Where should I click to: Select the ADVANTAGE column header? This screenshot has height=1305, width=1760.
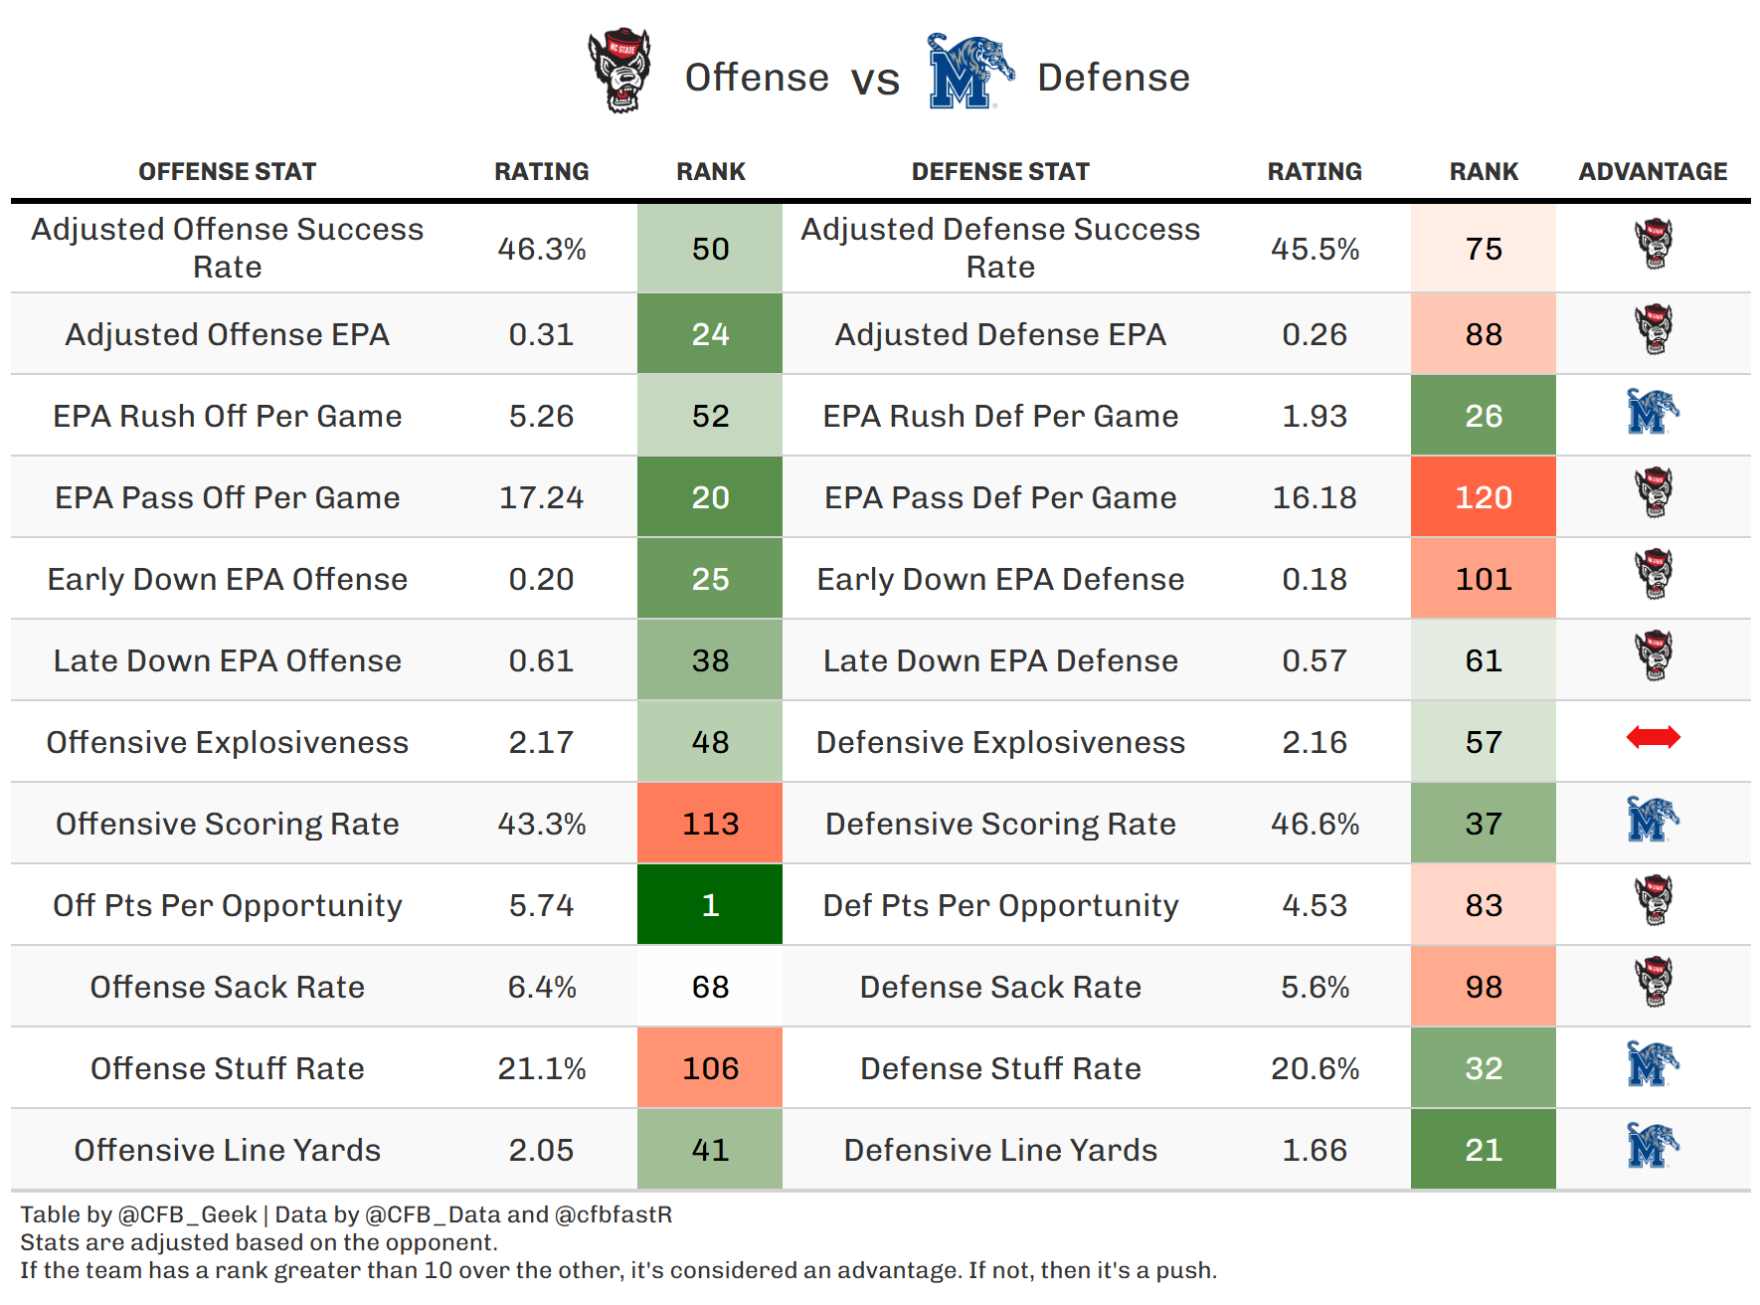point(1653,172)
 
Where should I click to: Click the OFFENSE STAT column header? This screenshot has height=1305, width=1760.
point(227,172)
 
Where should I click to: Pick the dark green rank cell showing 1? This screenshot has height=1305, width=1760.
point(710,905)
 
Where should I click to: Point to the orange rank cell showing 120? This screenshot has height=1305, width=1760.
point(1484,497)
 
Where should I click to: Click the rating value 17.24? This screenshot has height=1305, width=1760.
point(541,497)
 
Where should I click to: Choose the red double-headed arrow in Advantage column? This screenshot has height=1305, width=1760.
point(1653,738)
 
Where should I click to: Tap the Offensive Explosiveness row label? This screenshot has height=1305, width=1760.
point(227,743)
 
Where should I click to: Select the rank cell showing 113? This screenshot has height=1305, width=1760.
point(710,824)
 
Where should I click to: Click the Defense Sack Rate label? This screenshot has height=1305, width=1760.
point(1000,987)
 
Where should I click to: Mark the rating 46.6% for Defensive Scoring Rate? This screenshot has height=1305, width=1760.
point(1315,824)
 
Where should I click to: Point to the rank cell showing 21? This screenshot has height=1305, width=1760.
point(1484,1150)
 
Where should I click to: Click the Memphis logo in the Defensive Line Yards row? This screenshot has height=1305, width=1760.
point(1652,1146)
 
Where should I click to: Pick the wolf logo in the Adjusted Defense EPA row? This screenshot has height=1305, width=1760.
point(1654,329)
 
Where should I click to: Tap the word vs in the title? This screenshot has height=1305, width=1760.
point(875,80)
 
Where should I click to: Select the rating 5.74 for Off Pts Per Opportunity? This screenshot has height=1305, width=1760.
point(541,905)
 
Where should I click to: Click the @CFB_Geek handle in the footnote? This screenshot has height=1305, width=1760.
point(188,1215)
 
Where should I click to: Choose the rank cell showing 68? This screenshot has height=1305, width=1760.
point(710,987)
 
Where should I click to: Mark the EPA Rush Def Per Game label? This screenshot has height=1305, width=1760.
point(1000,416)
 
